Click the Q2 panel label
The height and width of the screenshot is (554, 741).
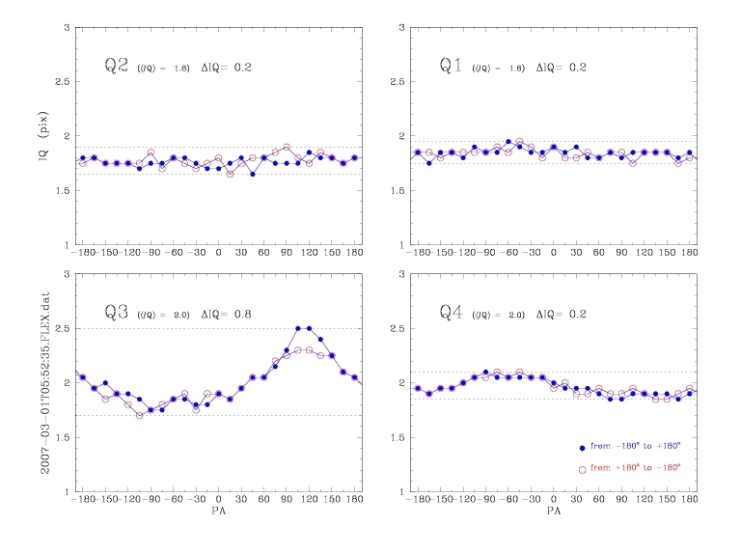click(x=118, y=67)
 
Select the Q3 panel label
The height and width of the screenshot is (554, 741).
click(x=118, y=313)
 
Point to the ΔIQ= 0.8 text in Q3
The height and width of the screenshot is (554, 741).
click(x=227, y=315)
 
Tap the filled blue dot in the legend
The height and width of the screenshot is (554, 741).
click(x=581, y=448)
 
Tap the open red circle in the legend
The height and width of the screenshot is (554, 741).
click(x=581, y=468)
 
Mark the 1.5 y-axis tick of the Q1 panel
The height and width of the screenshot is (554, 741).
click(x=395, y=190)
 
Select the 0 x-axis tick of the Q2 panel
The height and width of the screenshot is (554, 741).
click(x=218, y=254)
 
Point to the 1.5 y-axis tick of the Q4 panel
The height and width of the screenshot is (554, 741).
click(x=395, y=437)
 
